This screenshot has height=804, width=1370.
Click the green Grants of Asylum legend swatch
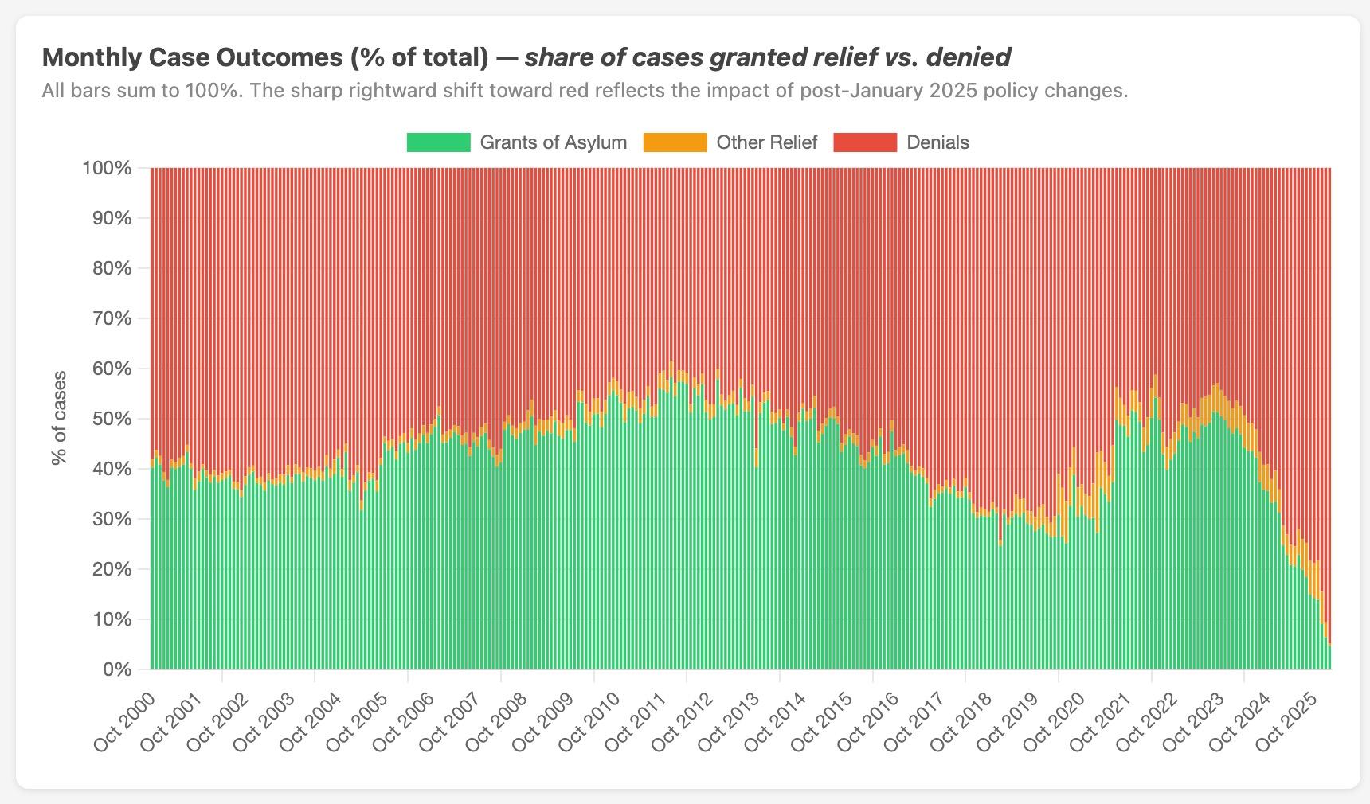pyautogui.click(x=438, y=142)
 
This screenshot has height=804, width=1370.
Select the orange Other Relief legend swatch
pyautogui.click(x=675, y=142)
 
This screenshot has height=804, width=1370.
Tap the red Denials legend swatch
pyautogui.click(x=865, y=142)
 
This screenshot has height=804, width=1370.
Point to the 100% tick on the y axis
pyautogui.click(x=106, y=168)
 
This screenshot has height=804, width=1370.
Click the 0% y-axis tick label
pyautogui.click(x=116, y=669)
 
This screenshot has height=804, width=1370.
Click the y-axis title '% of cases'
pyautogui.click(x=59, y=418)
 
